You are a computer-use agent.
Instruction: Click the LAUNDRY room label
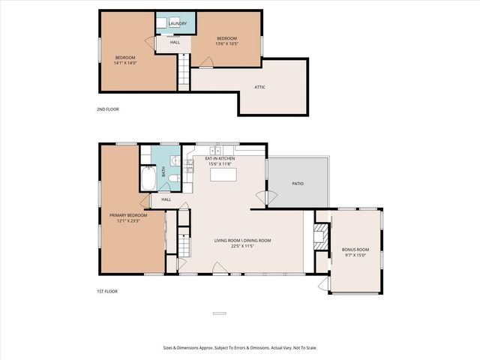(178, 24)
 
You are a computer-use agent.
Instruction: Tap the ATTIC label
(259, 87)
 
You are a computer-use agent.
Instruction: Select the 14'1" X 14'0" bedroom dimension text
(125, 63)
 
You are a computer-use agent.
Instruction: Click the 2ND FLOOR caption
(108, 109)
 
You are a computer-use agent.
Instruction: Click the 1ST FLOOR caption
(107, 291)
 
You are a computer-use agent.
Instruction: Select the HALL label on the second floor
(175, 43)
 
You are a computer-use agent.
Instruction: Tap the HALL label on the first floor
(166, 199)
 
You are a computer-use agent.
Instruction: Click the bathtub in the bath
(148, 180)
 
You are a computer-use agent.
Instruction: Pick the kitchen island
(223, 175)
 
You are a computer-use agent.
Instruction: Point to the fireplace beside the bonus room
(320, 236)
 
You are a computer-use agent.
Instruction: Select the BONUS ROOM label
(355, 250)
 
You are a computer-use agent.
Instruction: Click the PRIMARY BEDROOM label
(126, 215)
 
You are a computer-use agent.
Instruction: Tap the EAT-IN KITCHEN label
(220, 159)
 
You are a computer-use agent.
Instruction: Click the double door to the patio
(261, 198)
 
